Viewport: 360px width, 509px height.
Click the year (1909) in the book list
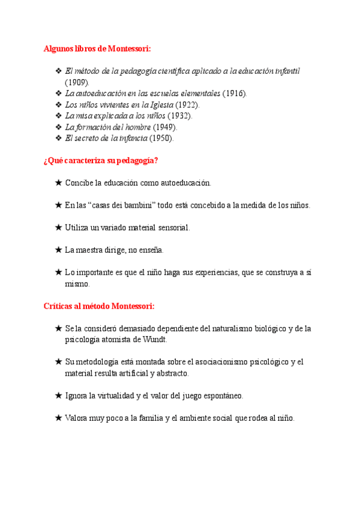(x=77, y=82)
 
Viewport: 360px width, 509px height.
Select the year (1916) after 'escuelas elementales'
(x=234, y=94)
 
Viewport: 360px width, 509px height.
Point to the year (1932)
(x=179, y=116)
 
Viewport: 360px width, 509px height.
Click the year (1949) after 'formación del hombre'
(x=165, y=127)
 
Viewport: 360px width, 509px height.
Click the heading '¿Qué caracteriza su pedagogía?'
(x=101, y=160)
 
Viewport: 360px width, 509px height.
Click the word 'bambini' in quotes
(x=137, y=205)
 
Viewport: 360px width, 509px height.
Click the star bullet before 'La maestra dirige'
(x=58, y=250)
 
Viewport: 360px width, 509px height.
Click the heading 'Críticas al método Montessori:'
(x=99, y=306)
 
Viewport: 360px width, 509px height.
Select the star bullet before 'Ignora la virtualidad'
(x=58, y=396)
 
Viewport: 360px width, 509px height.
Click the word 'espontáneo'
(x=221, y=396)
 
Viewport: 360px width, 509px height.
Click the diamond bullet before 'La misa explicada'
(x=58, y=116)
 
